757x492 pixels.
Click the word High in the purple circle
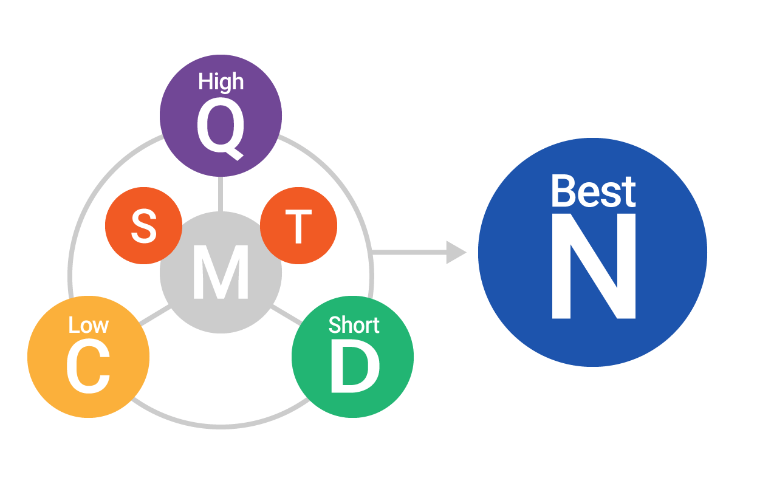[x=221, y=82]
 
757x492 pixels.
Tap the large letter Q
[x=221, y=128]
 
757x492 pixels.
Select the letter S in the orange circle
[x=143, y=226]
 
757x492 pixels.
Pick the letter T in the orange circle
[x=298, y=226]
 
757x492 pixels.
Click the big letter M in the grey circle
[x=221, y=272]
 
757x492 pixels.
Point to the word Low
[x=89, y=325]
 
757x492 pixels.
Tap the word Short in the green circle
[x=354, y=325]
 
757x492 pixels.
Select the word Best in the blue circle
[x=594, y=191]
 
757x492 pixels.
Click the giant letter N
[x=594, y=266]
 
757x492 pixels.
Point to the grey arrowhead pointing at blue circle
[x=456, y=253]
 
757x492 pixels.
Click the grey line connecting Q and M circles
[x=221, y=194]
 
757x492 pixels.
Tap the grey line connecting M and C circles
[x=154, y=316]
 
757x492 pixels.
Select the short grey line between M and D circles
[x=287, y=315]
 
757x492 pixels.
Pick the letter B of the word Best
[x=563, y=191]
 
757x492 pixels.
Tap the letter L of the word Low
[x=74, y=325]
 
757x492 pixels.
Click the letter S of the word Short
[x=335, y=325]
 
